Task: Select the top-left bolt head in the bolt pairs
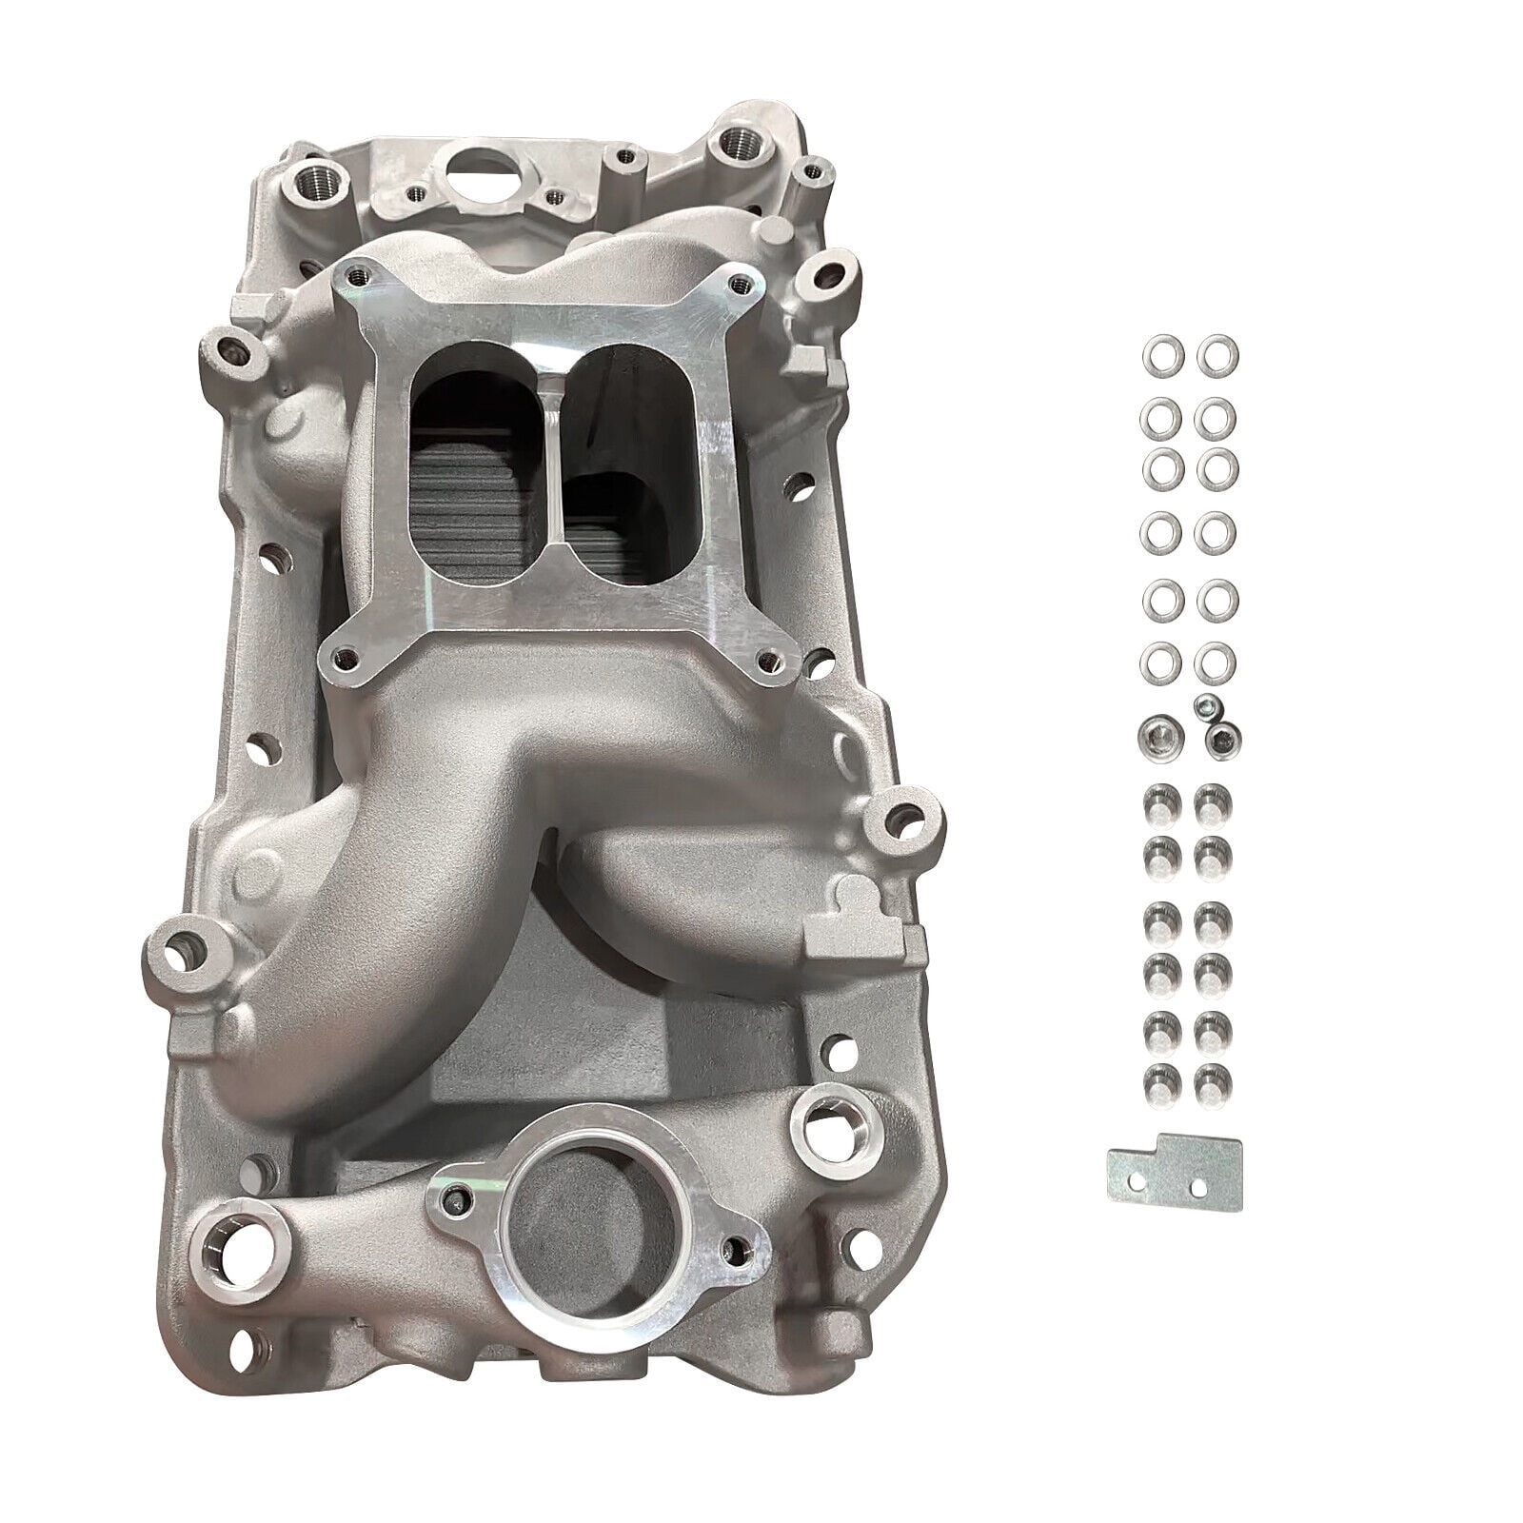[x=1157, y=796]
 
